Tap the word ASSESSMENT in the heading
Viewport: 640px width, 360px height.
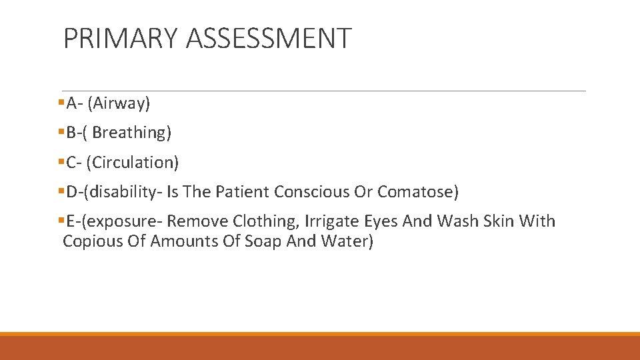coord(269,39)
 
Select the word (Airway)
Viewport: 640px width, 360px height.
coord(119,103)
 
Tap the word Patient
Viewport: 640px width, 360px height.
coord(242,192)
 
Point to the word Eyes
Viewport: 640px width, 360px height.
coord(381,221)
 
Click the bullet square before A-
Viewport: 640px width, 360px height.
coord(61,103)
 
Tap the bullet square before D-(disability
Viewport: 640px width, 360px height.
coord(61,192)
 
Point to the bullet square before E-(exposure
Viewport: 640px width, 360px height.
coord(61,221)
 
